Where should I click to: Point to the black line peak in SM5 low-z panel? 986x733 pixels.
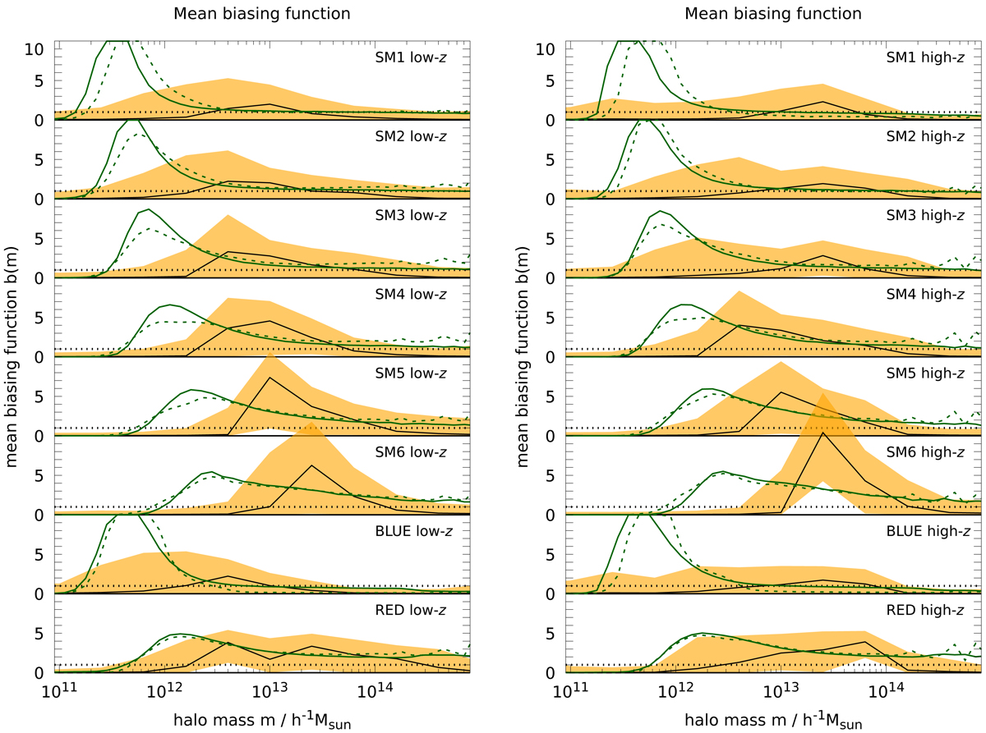(x=269, y=378)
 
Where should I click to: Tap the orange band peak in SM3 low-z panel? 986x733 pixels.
(x=227, y=215)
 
